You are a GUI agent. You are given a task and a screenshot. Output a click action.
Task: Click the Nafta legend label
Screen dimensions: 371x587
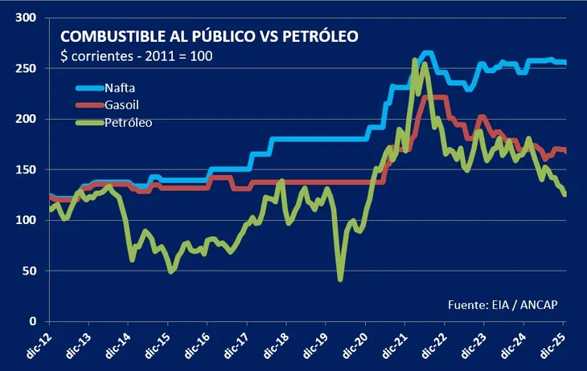point(121,87)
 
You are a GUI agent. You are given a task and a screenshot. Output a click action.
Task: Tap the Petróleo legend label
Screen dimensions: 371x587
point(129,123)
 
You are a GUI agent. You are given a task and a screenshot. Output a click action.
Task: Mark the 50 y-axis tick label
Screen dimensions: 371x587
point(31,271)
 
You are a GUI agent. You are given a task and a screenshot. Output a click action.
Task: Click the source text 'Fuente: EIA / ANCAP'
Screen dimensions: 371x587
point(503,304)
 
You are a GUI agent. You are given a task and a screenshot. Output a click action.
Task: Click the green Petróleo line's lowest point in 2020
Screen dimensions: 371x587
point(340,279)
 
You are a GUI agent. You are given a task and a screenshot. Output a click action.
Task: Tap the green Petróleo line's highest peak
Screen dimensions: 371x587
point(415,60)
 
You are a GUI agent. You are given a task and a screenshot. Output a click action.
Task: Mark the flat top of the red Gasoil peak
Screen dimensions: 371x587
point(434,98)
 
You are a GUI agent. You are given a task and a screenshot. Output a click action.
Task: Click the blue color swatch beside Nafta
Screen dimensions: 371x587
point(89,87)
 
